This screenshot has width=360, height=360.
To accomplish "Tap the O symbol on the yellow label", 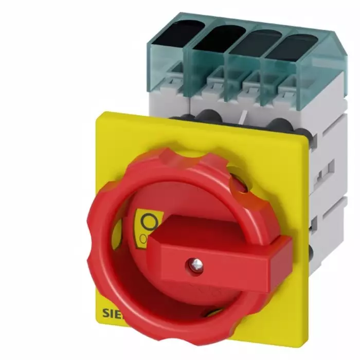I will (x=149, y=222).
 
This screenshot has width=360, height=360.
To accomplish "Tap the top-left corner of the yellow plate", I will (x=97, y=114).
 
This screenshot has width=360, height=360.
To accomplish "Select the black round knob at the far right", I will (x=278, y=124).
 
